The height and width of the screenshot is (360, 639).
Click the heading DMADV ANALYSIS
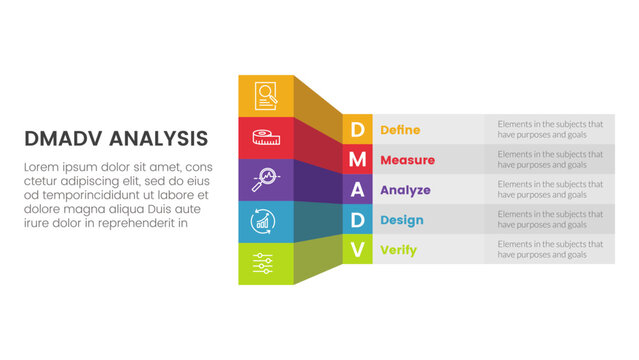click(x=116, y=138)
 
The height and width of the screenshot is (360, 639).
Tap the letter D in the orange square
click(x=357, y=129)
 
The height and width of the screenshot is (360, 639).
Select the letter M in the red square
click(x=357, y=159)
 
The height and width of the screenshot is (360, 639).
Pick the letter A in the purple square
click(x=357, y=189)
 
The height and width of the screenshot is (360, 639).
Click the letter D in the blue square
click(x=357, y=219)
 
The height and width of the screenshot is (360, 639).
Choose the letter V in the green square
click(x=357, y=249)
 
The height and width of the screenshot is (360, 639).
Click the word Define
click(x=400, y=130)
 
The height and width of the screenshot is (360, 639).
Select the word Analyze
click(x=405, y=190)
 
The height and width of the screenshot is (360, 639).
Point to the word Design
click(x=402, y=220)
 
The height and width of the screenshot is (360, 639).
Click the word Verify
click(x=398, y=250)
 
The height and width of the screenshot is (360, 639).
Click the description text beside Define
click(x=550, y=130)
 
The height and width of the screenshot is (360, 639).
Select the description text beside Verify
click(x=550, y=250)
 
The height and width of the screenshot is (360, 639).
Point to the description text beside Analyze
click(x=550, y=190)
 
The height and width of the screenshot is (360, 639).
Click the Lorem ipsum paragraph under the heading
click(x=116, y=195)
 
